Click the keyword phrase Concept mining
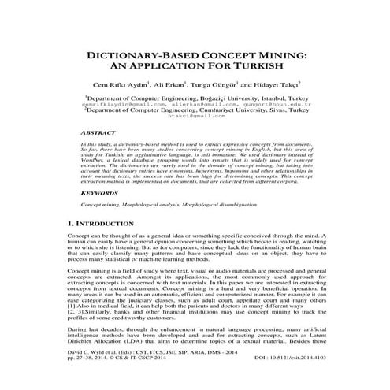coord(102,204)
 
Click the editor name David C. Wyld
coord(91,376)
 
